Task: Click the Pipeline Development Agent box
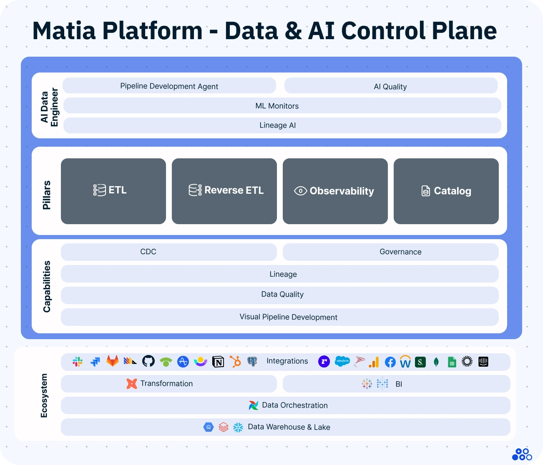click(169, 86)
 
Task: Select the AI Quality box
click(391, 86)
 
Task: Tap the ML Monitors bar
click(282, 106)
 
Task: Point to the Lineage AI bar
click(282, 125)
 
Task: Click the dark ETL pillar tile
click(113, 191)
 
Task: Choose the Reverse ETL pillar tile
click(224, 191)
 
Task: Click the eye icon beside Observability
click(300, 191)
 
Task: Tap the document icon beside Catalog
click(425, 191)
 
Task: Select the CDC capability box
click(168, 252)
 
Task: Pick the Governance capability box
click(390, 252)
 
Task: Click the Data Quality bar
click(279, 295)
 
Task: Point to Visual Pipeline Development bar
click(279, 317)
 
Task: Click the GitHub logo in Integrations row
click(148, 361)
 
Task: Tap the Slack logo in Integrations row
click(78, 362)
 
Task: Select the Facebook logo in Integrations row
click(390, 362)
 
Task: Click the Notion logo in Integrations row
click(218, 362)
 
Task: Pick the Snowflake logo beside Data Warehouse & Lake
click(238, 427)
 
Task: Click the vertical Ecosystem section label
click(44, 395)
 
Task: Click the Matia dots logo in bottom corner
click(522, 455)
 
